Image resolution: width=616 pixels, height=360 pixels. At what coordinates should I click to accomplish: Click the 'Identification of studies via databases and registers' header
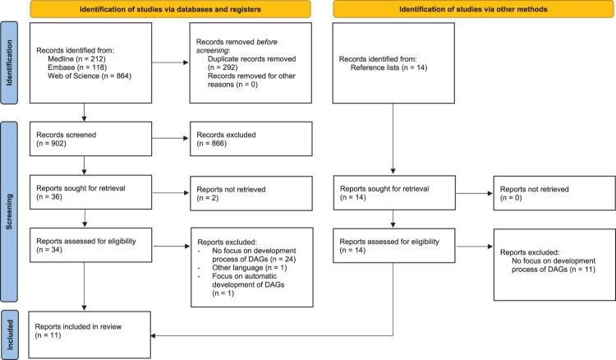[x=170, y=9]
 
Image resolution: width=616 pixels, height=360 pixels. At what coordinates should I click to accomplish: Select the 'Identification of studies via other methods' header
[x=473, y=9]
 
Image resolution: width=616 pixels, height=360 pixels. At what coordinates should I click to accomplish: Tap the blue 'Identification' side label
[x=9, y=63]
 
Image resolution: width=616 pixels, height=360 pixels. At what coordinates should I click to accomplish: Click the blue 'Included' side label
[x=9, y=335]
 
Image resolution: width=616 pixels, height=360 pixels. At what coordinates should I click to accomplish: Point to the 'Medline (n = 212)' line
[x=76, y=59]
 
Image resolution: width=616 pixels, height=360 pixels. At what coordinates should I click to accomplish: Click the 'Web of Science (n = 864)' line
[x=90, y=76]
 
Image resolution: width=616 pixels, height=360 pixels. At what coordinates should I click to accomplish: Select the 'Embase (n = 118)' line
[x=77, y=67]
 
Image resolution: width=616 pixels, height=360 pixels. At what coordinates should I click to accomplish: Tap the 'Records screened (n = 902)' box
[x=90, y=139]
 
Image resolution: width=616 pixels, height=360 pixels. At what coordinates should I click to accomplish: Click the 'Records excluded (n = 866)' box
[x=251, y=139]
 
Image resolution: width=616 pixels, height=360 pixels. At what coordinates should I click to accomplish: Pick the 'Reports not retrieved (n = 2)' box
[x=251, y=193]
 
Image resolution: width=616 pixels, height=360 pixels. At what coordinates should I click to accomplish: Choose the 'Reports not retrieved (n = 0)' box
[x=554, y=193]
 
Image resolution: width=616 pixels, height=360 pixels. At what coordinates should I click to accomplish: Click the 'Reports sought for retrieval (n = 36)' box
[x=90, y=192]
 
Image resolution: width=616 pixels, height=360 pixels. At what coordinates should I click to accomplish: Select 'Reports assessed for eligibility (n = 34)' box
[x=90, y=245]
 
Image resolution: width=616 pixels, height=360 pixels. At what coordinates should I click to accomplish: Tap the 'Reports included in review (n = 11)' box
[x=90, y=335]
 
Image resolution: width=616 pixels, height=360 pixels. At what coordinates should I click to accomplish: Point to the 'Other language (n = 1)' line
[x=250, y=268]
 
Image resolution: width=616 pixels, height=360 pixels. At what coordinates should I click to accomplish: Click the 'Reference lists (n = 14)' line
[x=389, y=67]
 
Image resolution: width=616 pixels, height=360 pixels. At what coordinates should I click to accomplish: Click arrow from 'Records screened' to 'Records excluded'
[x=171, y=138]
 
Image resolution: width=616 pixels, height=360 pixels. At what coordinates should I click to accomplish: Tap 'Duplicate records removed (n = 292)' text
[x=252, y=63]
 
